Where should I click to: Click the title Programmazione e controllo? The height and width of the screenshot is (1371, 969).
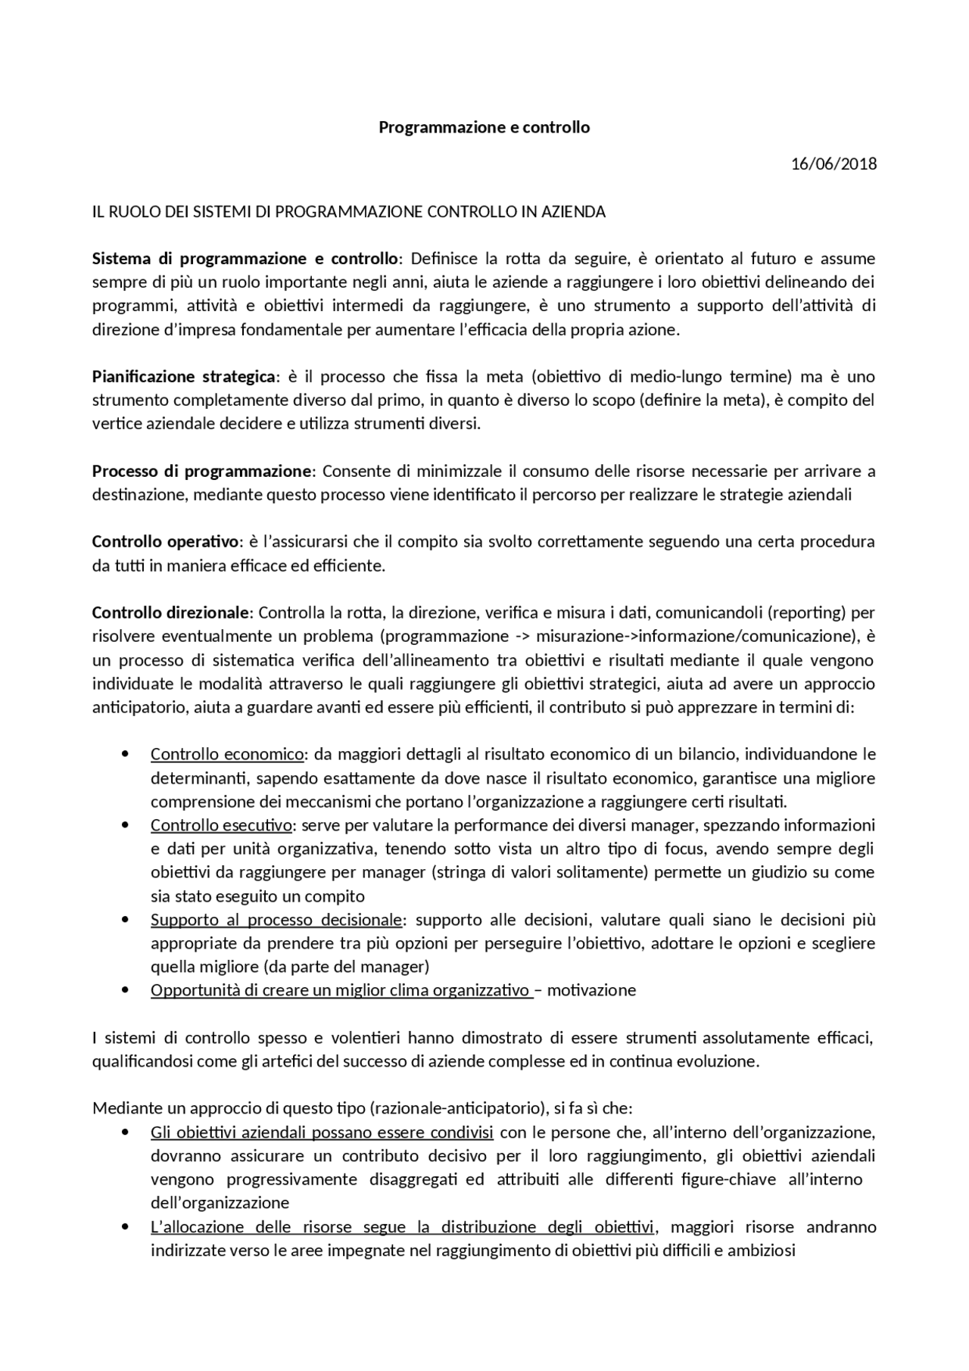(x=484, y=127)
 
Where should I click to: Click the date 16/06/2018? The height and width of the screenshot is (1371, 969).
(x=833, y=164)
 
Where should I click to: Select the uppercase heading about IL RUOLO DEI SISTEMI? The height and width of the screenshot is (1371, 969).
(x=349, y=212)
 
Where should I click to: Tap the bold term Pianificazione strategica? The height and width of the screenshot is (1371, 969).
(x=185, y=377)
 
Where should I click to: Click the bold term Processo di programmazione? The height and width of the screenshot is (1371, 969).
(x=201, y=472)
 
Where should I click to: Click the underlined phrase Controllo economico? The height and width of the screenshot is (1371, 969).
(x=227, y=755)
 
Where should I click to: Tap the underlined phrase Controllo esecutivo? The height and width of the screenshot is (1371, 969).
(x=220, y=825)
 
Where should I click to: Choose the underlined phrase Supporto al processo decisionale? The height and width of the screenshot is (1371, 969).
(x=276, y=920)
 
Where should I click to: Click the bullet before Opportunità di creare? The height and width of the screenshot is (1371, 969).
(x=126, y=990)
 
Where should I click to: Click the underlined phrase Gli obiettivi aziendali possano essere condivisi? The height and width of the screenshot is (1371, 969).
(x=322, y=1133)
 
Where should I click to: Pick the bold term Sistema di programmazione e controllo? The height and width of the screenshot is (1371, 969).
(x=245, y=259)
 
